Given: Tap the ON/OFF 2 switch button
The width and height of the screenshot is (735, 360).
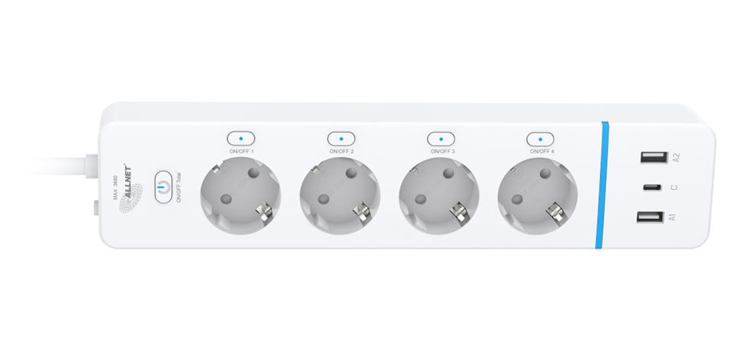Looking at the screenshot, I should [341, 139].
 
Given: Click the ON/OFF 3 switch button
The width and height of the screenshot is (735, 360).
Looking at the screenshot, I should [441, 139].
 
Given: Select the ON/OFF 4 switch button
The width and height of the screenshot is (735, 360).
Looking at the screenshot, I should [540, 139].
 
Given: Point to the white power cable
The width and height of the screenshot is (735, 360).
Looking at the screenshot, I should [61, 164].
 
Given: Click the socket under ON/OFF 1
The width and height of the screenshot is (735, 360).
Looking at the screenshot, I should [239, 198].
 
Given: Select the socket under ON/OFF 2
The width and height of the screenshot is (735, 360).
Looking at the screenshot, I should [340, 198].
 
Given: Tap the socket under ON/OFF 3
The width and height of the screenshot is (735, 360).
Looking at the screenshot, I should [439, 198].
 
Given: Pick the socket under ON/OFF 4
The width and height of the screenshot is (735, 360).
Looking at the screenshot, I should [538, 198].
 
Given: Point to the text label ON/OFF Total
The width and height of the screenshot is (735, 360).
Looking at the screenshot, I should [179, 189].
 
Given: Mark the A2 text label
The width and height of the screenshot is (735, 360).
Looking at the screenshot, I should [675, 158].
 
